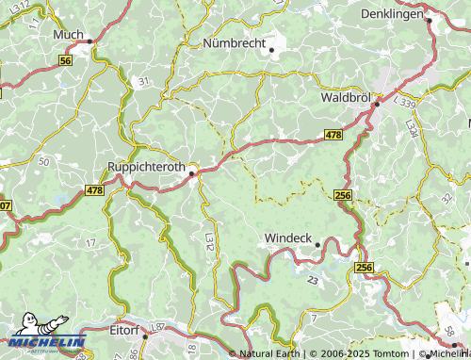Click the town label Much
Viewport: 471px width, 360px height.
(x=69, y=34)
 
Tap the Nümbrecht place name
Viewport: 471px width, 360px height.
(x=234, y=42)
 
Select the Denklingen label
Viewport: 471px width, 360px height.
(x=392, y=14)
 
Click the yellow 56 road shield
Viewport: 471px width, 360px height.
(x=64, y=60)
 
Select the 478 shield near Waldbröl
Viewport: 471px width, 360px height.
(x=333, y=136)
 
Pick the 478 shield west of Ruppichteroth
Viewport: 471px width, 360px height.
(x=94, y=190)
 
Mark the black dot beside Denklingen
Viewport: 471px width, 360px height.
(x=429, y=19)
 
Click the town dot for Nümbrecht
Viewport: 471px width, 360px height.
(x=271, y=49)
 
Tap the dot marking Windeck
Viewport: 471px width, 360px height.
(x=317, y=244)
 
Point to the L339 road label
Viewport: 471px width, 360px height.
(x=406, y=101)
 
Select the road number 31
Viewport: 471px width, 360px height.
(x=143, y=83)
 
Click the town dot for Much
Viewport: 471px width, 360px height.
(x=90, y=41)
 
